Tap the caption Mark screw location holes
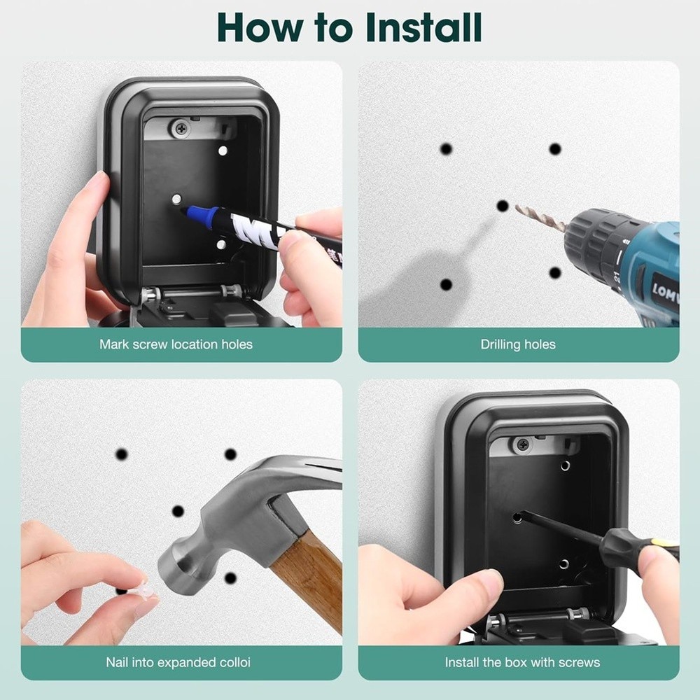click(176, 344)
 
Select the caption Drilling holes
click(518, 344)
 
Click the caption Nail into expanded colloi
click(178, 661)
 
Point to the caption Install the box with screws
click(522, 661)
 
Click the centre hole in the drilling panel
click(502, 205)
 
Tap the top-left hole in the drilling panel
click(446, 149)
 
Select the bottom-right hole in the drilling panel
click(555, 272)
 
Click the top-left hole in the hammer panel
click(122, 454)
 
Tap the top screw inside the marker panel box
click(182, 128)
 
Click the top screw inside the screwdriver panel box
click(521, 443)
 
